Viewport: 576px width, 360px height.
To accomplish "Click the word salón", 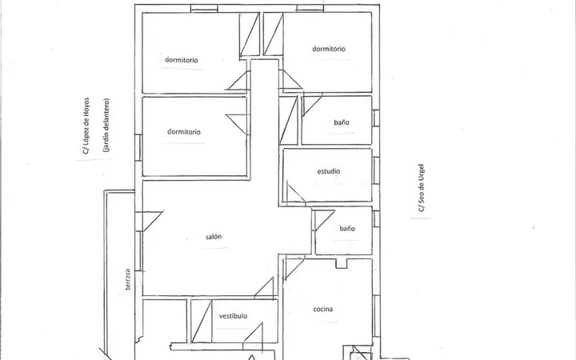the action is (214, 237).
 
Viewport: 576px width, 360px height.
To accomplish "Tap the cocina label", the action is (323, 309).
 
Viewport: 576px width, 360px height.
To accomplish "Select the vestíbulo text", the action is (233, 316).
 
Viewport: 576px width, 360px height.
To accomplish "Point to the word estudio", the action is (329, 171).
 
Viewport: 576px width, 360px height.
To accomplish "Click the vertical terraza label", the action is (127, 279).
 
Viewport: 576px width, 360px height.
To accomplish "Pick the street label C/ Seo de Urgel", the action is (421, 188).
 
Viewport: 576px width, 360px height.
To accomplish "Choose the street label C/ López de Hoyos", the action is (86, 126).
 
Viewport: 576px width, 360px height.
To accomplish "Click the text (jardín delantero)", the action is (106, 125).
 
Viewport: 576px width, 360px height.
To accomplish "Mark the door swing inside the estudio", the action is (296, 193).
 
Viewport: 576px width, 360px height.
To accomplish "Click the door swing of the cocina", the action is (294, 269).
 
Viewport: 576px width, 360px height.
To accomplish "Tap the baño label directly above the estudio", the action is (342, 122).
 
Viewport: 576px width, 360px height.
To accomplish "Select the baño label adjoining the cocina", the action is (347, 229).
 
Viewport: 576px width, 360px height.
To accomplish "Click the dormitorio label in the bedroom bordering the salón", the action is (184, 131).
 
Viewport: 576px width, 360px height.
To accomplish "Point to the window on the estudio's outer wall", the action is (376, 170).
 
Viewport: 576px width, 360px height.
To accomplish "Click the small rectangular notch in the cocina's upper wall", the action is (342, 263).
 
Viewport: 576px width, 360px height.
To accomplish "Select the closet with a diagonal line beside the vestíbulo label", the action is (202, 322).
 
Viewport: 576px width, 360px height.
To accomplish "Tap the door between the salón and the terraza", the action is (150, 221).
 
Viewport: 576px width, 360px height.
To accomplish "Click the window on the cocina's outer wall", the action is (376, 316).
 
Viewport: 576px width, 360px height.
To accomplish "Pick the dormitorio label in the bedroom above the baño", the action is (329, 49).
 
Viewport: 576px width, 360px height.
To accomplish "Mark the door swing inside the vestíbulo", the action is (254, 333).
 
